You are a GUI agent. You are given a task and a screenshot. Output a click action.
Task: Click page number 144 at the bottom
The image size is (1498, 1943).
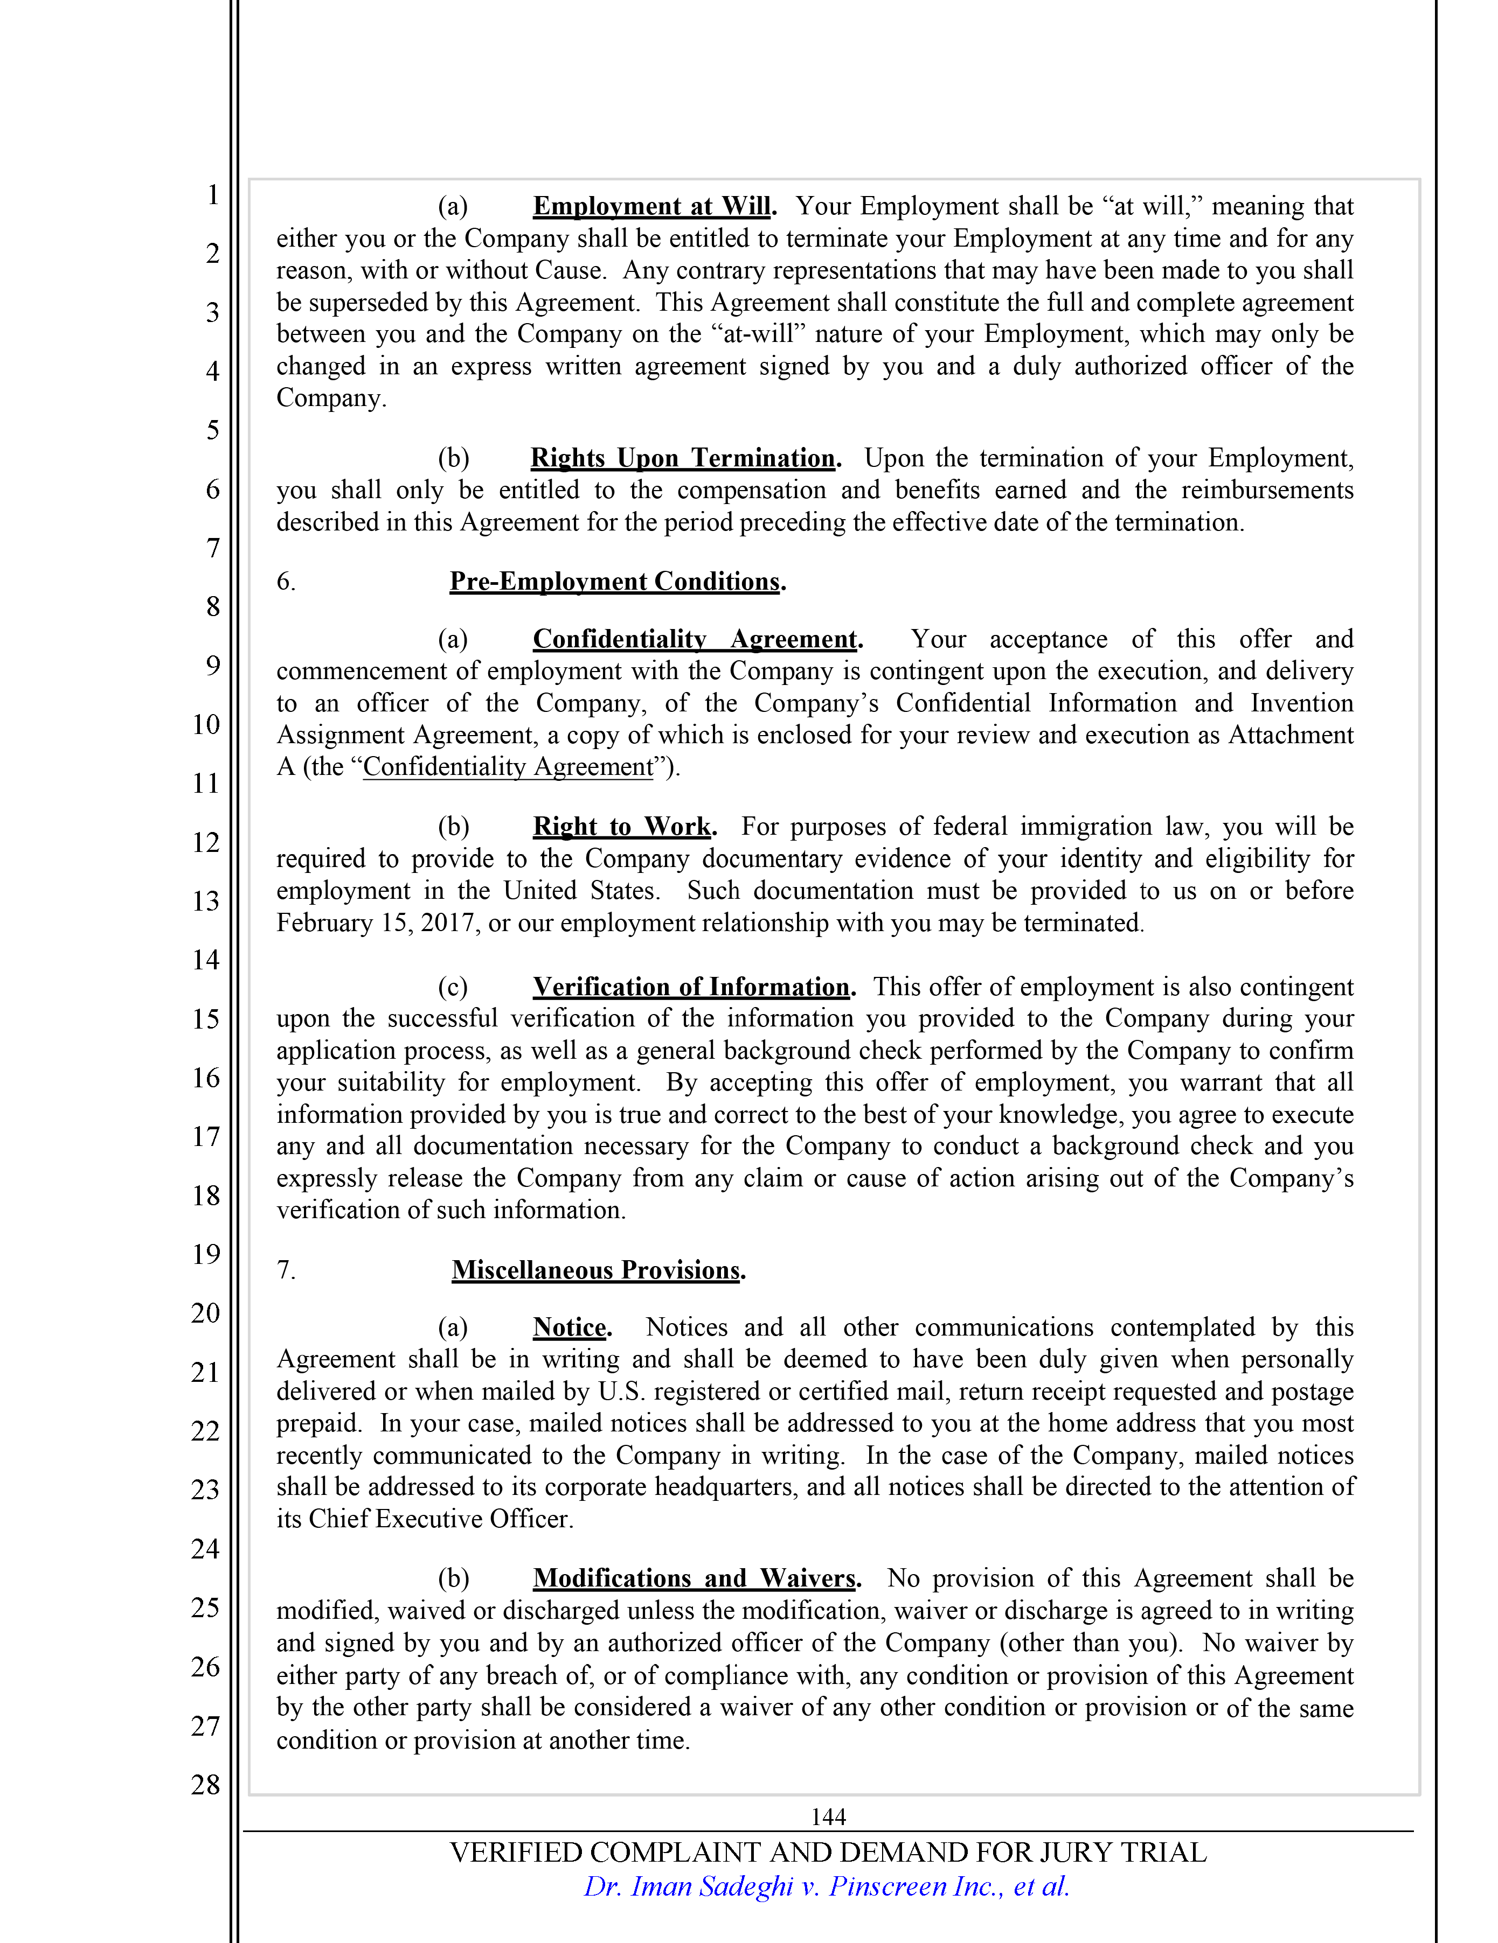coord(828,1816)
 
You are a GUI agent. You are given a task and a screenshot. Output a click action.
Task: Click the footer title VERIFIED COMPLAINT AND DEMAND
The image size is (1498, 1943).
coord(828,1852)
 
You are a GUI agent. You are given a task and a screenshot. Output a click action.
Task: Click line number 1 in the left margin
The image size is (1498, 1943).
coord(213,194)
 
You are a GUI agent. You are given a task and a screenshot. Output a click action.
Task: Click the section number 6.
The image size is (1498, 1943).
coord(286,581)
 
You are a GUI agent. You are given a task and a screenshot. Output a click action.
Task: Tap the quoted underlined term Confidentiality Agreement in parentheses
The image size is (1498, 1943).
coord(508,767)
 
